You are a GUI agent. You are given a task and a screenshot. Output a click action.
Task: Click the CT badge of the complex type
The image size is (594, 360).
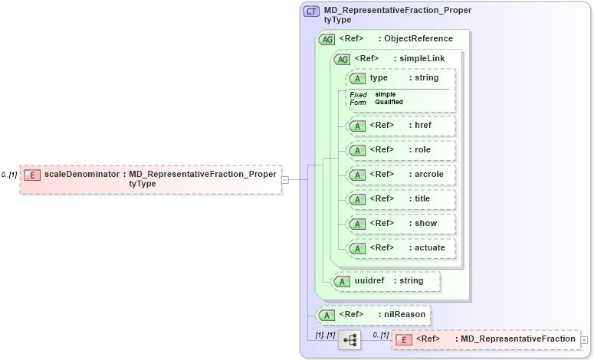[x=312, y=11]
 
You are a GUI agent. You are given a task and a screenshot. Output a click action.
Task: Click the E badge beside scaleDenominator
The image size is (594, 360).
[x=32, y=175]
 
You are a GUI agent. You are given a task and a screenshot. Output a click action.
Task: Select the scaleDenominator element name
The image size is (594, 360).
[x=82, y=175]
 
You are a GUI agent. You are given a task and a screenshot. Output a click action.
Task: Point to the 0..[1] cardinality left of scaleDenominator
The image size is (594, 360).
[x=9, y=175]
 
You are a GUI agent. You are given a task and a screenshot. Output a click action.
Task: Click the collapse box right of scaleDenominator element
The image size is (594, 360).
[x=284, y=179]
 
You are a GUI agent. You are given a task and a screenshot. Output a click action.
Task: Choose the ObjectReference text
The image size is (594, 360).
[x=418, y=39]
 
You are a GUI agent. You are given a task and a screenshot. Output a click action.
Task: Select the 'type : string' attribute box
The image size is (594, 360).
[x=402, y=78]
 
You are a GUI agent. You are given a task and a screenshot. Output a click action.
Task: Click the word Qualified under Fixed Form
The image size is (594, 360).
[x=389, y=102]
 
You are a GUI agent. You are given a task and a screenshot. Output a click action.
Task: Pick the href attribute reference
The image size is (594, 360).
[x=402, y=126]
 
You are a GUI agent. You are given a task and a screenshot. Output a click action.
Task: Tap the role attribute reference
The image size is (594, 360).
[x=402, y=150]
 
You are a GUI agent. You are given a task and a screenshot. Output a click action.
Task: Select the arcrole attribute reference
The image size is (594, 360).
[x=402, y=175]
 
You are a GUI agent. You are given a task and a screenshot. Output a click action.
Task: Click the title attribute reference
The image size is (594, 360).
[x=402, y=199]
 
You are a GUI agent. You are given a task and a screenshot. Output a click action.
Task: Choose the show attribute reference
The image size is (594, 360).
[x=402, y=224]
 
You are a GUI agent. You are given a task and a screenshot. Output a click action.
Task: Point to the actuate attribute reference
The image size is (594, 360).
[x=402, y=248]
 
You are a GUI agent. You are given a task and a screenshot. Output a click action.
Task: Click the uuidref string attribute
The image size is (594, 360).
[x=386, y=281]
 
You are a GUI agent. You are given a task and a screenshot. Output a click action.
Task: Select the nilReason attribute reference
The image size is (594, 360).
[x=374, y=314]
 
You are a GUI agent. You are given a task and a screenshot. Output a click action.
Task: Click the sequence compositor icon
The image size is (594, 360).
[x=350, y=339]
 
